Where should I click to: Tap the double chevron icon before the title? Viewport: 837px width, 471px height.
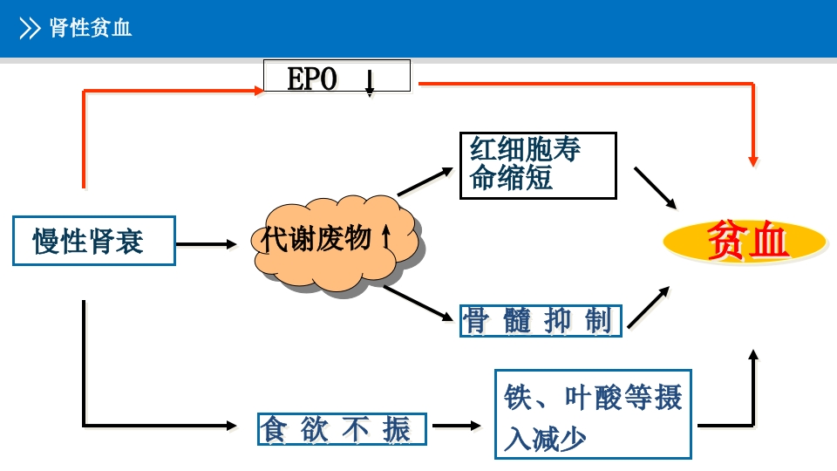pos(30,29)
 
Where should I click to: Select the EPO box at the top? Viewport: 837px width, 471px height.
pos(337,77)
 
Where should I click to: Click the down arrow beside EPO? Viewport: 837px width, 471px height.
pos(370,82)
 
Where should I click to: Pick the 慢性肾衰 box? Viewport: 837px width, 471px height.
pos(93,241)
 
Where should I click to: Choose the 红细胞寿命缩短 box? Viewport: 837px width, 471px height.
pos(537,165)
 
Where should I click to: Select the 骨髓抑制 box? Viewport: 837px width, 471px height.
pos(541,321)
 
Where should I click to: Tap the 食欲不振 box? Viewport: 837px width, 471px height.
pos(342,429)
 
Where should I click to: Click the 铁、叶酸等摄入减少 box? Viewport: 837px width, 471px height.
pos(593,413)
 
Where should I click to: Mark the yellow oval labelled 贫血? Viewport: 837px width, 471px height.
pos(745,241)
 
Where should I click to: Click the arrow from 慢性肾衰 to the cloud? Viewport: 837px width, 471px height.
pos(206,244)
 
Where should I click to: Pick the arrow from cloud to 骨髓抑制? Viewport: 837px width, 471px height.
pos(420,302)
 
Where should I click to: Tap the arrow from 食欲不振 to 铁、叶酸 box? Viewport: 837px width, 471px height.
pos(457,426)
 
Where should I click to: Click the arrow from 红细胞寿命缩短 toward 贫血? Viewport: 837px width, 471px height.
pos(655,188)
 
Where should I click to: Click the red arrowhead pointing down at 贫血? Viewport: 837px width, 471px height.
pos(753,160)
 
